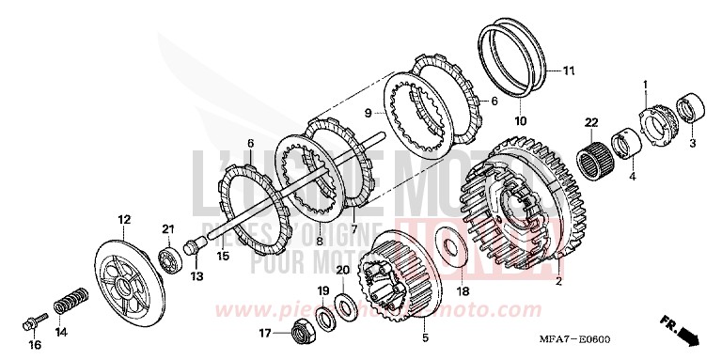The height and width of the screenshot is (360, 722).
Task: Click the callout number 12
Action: tap(123, 220)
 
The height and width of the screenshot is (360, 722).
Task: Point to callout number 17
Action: tap(265, 332)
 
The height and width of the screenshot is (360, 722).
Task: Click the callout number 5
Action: tap(424, 337)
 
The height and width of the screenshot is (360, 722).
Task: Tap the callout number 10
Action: tap(519, 120)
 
